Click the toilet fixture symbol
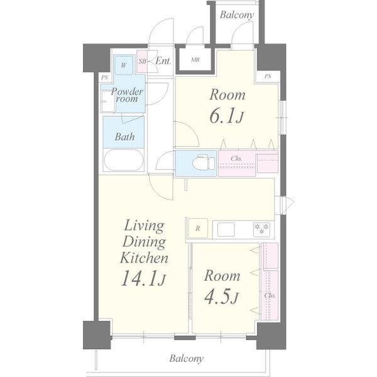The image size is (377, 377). pos(204,163)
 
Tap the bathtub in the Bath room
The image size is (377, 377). pos(124,160)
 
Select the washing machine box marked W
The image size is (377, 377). pos(124,65)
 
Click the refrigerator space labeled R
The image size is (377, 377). pos(198,228)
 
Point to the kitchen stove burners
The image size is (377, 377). pos(261,229)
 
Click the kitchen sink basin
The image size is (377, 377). pos(226,229)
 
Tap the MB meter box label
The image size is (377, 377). pos(195,60)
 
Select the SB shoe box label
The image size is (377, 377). pos(143,62)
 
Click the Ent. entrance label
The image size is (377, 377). pos(163,61)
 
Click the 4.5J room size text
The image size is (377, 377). pos(221,298)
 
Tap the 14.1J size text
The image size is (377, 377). pos(143,278)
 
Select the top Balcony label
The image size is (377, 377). pos(237,15)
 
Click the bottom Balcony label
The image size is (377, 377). pos(187,359)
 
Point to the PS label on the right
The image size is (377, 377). pos(268,77)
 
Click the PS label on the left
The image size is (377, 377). pos(104,78)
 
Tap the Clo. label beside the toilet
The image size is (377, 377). pos(236,159)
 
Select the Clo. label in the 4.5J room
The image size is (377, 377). pos(270,295)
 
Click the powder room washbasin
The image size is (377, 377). pos(107,101)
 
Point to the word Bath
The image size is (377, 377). pos(124,137)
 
